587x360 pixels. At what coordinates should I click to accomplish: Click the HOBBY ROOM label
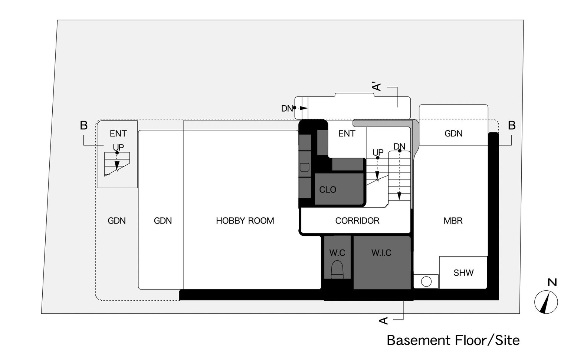click(x=245, y=221)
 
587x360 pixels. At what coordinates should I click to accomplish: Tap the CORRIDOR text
click(x=357, y=221)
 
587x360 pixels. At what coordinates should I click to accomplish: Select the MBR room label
click(x=453, y=221)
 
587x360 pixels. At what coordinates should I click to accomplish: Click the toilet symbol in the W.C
click(x=337, y=270)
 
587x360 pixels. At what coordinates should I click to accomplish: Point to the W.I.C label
click(x=381, y=252)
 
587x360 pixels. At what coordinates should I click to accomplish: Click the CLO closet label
click(x=328, y=189)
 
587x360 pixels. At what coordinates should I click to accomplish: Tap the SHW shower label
click(x=463, y=273)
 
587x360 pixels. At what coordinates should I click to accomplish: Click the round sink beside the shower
click(x=426, y=282)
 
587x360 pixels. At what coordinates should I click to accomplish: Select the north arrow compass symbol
click(x=546, y=302)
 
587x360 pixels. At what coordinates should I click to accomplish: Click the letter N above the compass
click(x=552, y=282)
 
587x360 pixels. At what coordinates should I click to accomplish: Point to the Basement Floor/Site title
click(x=453, y=340)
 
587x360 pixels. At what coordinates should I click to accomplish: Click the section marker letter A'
click(x=377, y=87)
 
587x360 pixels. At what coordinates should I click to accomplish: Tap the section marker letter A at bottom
click(x=383, y=320)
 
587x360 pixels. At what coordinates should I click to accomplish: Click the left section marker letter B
click(x=83, y=125)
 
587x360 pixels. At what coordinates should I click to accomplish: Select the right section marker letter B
click(x=512, y=125)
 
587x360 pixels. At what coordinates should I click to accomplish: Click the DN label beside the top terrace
click(x=287, y=108)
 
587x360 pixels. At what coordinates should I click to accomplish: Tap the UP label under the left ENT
click(x=118, y=148)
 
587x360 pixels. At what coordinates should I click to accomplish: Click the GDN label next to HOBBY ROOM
click(x=163, y=221)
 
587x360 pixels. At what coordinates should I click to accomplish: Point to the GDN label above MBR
click(x=454, y=133)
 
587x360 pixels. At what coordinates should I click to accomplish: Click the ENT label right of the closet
click(x=347, y=133)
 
